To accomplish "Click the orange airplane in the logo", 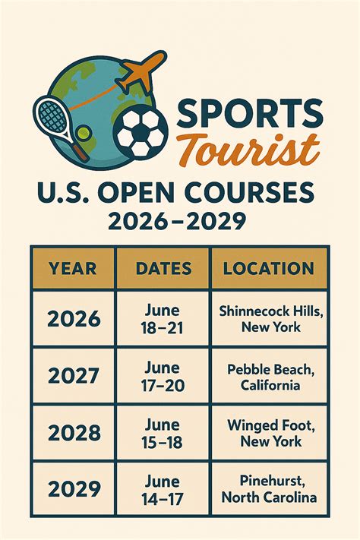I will pyautogui.click(x=141, y=71).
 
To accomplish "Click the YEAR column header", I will pyautogui.click(x=73, y=267).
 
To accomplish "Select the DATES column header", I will pyautogui.click(x=163, y=267).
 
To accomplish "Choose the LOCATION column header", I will pyautogui.click(x=268, y=267).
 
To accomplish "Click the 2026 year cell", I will pyautogui.click(x=73, y=318).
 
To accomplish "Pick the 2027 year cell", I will pyautogui.click(x=73, y=376).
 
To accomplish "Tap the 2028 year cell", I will pyautogui.click(x=73, y=433).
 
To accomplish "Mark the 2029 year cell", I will pyautogui.click(x=73, y=489).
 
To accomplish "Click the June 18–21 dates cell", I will pyautogui.click(x=163, y=318).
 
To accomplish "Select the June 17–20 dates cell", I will pyautogui.click(x=163, y=376).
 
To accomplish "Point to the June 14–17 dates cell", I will pyautogui.click(x=163, y=489).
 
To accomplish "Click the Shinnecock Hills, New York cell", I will pyautogui.click(x=268, y=318).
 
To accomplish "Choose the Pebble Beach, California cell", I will pyautogui.click(x=268, y=376).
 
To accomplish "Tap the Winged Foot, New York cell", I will pyautogui.click(x=268, y=433).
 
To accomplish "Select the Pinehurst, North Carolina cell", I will pyautogui.click(x=268, y=489).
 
